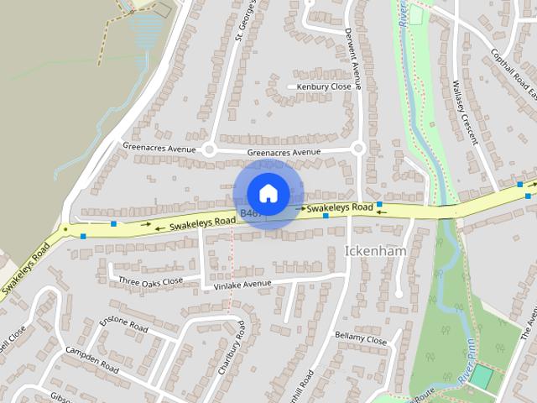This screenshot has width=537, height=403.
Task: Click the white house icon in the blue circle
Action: click(x=268, y=193)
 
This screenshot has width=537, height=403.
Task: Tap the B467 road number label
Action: click(x=248, y=215)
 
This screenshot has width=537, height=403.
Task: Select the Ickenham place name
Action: click(x=375, y=251)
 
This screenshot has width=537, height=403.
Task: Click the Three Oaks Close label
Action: click(x=150, y=281)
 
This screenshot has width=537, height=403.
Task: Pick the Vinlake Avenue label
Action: click(x=242, y=285)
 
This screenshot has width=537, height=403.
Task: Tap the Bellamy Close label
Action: click(x=361, y=340)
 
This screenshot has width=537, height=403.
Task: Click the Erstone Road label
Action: click(x=124, y=323)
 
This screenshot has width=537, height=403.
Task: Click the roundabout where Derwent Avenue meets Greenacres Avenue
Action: click(x=358, y=149)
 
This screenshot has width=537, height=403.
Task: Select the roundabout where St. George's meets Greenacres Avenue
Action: click(x=209, y=149)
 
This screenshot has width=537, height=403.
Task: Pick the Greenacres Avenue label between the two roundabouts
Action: click(x=284, y=152)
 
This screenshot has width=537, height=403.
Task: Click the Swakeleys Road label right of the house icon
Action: click(x=340, y=207)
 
